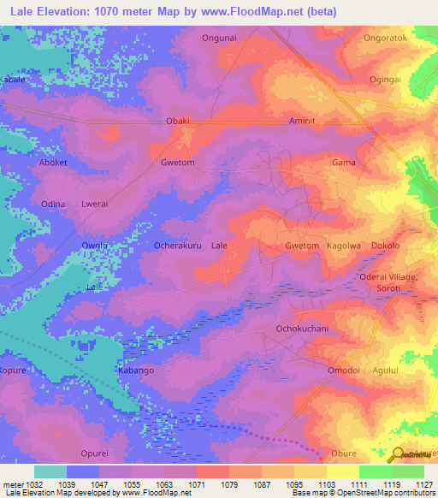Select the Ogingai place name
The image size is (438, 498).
point(385,80)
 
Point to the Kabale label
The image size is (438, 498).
point(13,79)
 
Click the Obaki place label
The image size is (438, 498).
point(177,122)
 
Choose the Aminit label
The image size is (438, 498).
point(303,122)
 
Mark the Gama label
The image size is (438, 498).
point(343,163)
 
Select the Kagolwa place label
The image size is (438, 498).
point(345,246)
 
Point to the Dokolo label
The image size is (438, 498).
point(385,246)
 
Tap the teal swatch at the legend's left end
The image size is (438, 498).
point(50,471)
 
